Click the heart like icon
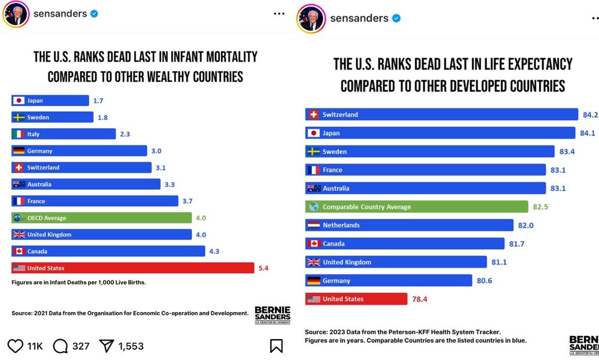15,346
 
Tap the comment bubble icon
60,346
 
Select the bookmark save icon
276,346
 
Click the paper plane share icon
106,346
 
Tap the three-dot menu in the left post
279,14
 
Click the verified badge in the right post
396,19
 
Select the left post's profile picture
16,16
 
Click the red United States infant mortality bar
132,268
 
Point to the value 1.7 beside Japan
98,101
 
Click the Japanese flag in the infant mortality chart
19,101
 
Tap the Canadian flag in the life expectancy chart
313,244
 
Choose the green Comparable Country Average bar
414,207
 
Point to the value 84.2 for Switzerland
590,114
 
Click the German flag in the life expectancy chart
313,280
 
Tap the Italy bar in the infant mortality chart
63,134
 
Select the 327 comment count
81,346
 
